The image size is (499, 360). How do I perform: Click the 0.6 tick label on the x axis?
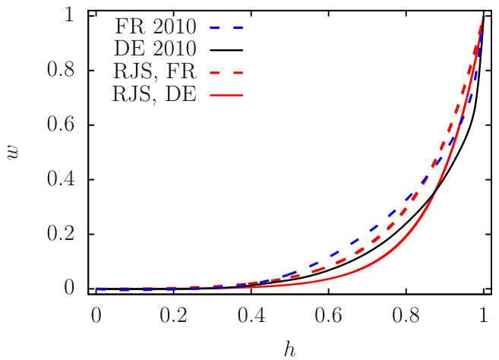[329, 314]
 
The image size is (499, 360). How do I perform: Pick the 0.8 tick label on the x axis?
[406, 314]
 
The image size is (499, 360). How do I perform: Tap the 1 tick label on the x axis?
[484, 314]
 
